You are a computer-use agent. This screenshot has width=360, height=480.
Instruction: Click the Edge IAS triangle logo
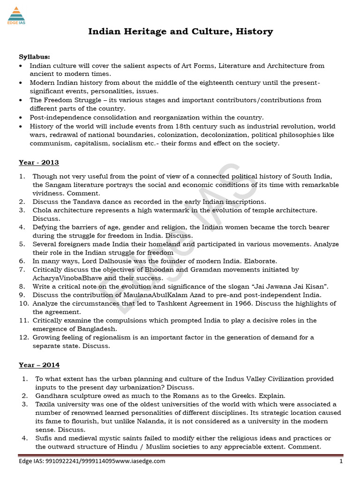coord(16,14)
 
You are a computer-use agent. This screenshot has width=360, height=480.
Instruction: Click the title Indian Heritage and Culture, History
coord(180,32)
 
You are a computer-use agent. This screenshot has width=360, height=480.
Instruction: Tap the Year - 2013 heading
coord(38,162)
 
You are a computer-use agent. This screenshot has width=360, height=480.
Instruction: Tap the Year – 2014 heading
coord(39,365)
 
